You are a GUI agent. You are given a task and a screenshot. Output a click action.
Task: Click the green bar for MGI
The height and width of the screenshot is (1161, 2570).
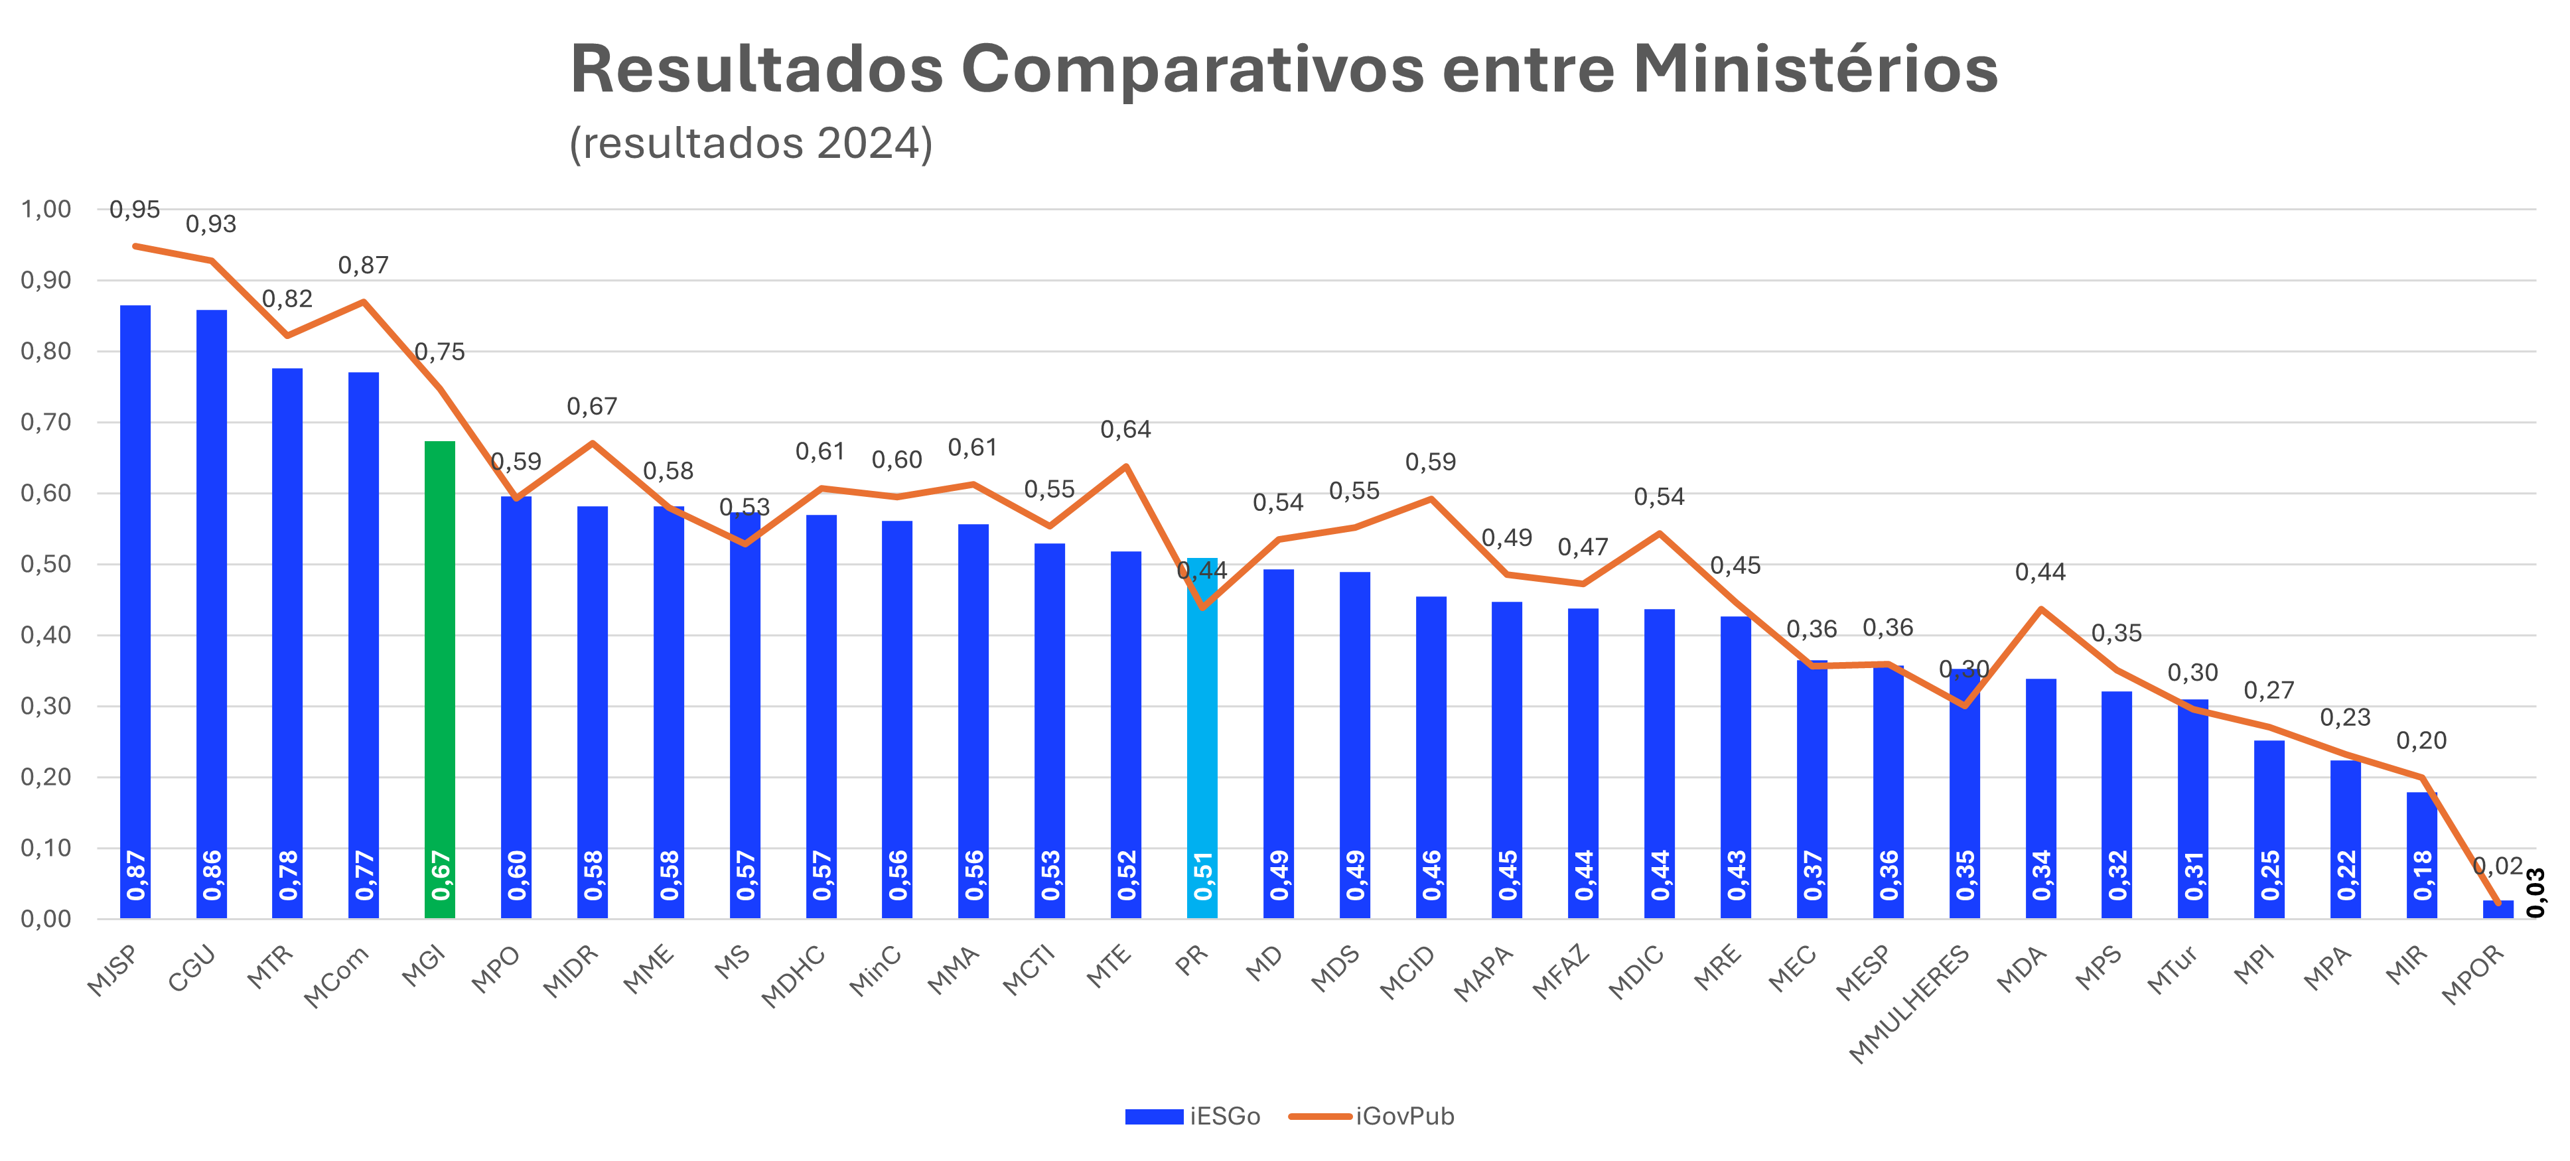pos(440,678)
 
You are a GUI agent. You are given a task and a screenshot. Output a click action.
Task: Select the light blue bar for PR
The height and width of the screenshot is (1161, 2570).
pos(1202,738)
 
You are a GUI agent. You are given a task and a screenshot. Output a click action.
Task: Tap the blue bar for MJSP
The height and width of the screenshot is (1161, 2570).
pos(135,598)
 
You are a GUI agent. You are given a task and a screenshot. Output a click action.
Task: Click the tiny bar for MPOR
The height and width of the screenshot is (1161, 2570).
pos(2498,909)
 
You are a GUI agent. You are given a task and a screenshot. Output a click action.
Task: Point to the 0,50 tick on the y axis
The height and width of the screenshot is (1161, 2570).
pos(46,565)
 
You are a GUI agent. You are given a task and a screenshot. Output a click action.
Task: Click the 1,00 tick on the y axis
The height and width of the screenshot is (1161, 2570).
pos(46,210)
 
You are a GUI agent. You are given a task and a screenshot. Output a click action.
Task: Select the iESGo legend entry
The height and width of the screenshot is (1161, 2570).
pos(1192,1116)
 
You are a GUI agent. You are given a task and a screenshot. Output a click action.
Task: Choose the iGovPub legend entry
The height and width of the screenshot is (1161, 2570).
pos(1372,1116)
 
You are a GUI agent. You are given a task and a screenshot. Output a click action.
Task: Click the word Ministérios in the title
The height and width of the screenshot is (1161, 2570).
pos(1815,70)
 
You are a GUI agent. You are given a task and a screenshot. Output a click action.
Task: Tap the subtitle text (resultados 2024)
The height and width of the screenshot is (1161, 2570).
pos(750,143)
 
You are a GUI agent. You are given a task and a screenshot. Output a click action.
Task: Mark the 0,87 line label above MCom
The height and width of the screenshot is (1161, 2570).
pos(363,265)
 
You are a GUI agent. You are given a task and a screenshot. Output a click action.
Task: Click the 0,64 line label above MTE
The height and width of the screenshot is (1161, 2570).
pos(1125,430)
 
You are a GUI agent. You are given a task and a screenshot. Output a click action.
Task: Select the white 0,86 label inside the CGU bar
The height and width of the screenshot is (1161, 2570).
pos(212,875)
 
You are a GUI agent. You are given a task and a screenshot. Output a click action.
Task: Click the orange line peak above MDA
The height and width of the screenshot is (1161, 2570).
pos(2041,608)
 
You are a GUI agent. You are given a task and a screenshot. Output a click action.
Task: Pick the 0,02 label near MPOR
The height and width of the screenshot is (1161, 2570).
pos(2498,866)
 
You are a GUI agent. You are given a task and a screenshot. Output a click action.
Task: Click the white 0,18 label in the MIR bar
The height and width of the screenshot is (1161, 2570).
pos(2422,875)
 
